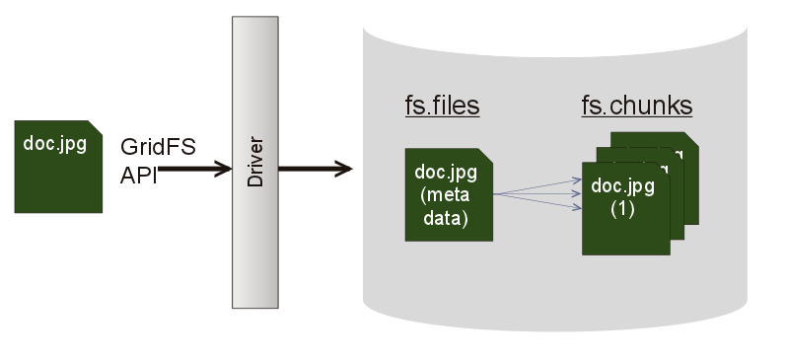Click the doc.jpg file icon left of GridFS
58,178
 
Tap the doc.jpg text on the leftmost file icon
54,143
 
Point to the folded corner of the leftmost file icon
95,127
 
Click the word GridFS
158,147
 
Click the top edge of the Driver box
254,19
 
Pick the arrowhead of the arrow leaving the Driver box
344,170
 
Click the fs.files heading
442,106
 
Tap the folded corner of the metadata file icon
486,156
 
